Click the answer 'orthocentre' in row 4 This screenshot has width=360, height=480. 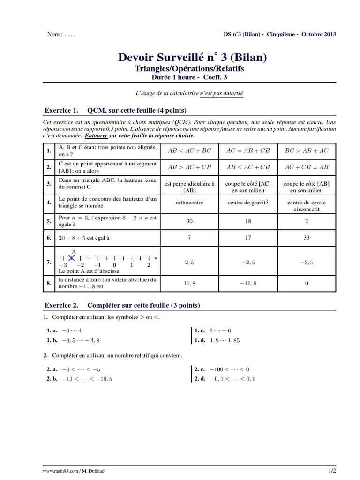(189, 202)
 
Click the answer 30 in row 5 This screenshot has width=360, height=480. (189, 221)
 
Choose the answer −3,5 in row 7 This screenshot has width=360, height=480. (307, 263)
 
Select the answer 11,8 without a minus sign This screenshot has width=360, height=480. (189, 283)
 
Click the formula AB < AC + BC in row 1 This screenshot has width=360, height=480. (189, 151)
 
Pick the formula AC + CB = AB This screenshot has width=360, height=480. (307, 167)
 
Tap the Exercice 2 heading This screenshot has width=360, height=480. (122, 305)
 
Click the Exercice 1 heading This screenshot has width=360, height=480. (115, 111)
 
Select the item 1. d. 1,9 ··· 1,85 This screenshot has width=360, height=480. (217, 340)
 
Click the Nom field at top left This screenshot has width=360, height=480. (61, 35)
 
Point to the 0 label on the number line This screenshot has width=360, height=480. (114, 265)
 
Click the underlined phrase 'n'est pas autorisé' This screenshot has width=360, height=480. (222, 93)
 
